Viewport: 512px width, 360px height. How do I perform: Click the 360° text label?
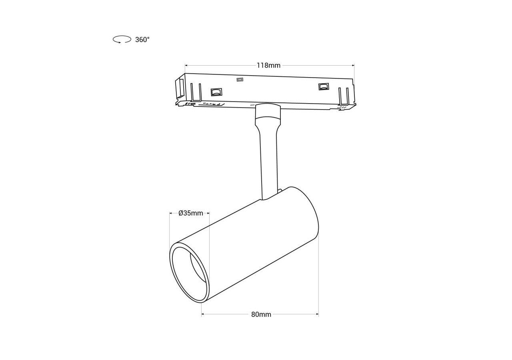click(x=142, y=40)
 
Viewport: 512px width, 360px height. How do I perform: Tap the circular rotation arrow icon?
click(x=122, y=39)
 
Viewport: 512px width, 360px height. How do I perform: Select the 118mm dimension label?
click(x=268, y=65)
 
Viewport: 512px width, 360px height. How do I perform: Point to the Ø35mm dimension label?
click(x=191, y=213)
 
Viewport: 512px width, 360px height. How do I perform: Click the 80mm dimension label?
click(x=261, y=314)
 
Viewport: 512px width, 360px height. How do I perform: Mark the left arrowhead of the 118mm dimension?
click(x=186, y=65)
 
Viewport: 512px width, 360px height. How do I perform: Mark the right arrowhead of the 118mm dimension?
click(x=353, y=65)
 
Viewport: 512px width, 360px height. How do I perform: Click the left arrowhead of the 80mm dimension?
click(x=203, y=314)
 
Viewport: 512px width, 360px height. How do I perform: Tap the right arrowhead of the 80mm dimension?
click(x=317, y=314)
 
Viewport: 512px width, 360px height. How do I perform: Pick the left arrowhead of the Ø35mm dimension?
click(x=171, y=213)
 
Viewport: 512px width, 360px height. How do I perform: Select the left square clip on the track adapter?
click(x=216, y=92)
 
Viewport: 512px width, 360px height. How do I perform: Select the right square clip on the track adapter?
click(x=323, y=87)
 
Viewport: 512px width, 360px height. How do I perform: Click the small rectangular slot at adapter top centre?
click(x=240, y=80)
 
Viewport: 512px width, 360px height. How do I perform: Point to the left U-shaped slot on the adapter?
click(x=196, y=92)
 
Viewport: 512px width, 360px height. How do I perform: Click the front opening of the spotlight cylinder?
click(x=189, y=272)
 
